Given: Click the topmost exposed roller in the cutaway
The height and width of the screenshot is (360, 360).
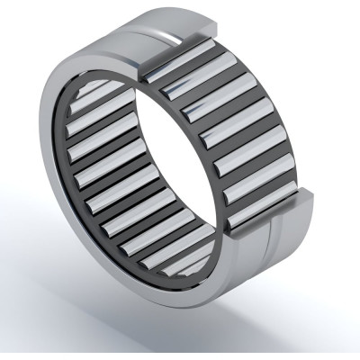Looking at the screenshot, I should tap(175, 64).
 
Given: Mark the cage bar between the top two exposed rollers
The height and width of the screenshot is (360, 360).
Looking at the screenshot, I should tap(184, 73).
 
